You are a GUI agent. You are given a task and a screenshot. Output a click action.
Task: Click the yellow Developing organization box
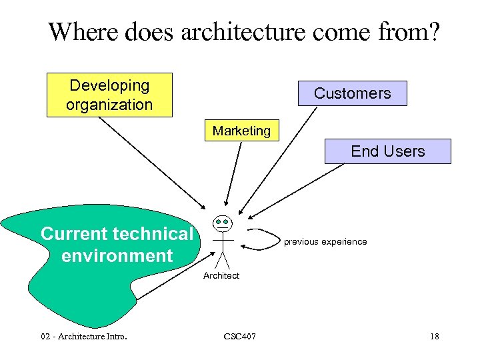point(109,95)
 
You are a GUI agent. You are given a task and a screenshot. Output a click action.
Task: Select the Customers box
point(352,93)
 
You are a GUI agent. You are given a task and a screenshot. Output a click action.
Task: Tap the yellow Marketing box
point(241,131)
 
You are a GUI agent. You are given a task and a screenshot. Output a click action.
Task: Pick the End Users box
point(387,151)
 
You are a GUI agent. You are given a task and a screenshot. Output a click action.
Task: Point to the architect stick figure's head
point(222,222)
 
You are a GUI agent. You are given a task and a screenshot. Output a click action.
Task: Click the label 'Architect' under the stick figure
point(221,275)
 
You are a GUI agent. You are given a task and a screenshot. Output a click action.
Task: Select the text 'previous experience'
point(325,241)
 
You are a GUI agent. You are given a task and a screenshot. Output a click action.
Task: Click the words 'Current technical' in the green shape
point(117,234)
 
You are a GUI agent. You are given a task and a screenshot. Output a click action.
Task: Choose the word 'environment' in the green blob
point(117,255)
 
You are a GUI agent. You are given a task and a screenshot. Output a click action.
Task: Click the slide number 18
point(434,336)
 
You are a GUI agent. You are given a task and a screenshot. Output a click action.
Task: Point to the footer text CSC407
point(239,336)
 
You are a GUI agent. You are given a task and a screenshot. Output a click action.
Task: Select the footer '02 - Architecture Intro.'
point(83,336)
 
